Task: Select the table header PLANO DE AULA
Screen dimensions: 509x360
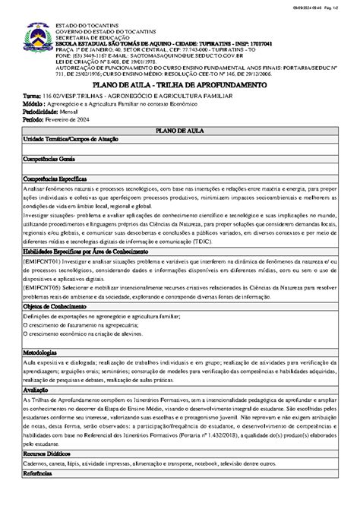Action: pyautogui.click(x=179, y=131)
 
